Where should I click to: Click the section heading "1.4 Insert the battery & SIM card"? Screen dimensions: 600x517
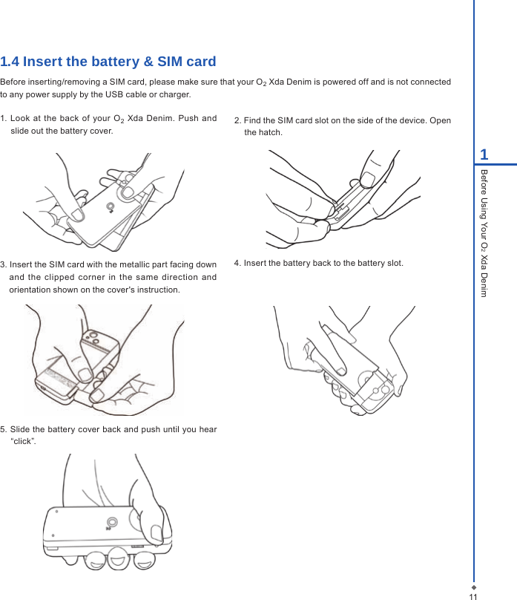tap(108, 62)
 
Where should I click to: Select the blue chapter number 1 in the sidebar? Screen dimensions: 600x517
tap(484, 154)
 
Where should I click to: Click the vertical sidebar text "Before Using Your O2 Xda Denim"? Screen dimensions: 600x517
tap(484, 232)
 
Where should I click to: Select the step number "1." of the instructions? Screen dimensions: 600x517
tap(4, 119)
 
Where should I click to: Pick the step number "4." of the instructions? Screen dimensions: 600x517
tap(238, 263)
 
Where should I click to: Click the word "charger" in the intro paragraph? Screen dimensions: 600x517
tap(174, 94)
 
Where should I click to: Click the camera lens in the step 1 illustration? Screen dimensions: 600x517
tap(110, 206)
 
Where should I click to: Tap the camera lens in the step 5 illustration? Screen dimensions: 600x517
tap(111, 521)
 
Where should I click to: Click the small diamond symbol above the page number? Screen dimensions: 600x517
tap(473, 585)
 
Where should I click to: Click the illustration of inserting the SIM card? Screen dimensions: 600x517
tap(104, 359)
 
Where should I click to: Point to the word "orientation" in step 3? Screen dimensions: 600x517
tap(30, 289)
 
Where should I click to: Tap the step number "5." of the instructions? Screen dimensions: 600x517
tap(4, 429)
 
